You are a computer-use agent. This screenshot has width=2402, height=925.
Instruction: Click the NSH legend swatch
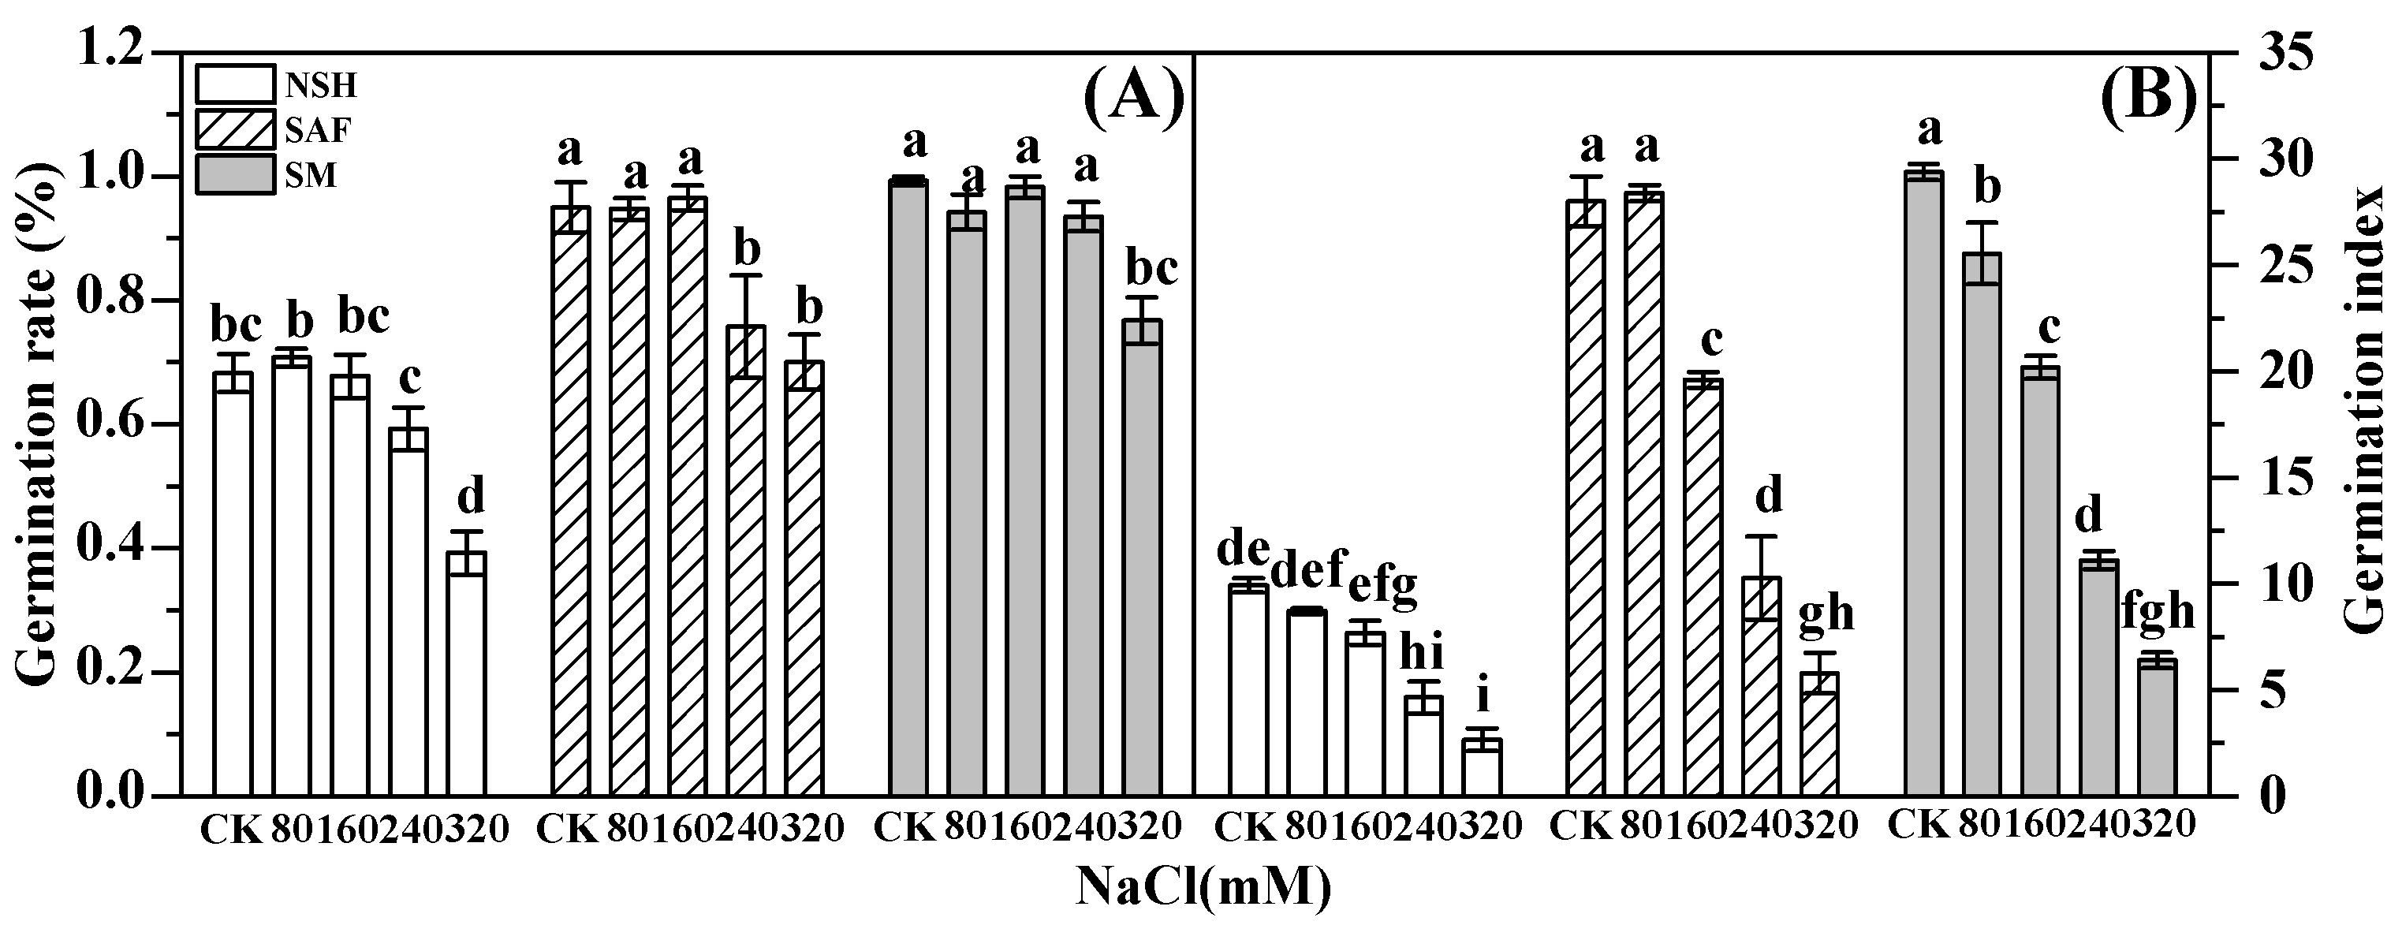tap(235, 84)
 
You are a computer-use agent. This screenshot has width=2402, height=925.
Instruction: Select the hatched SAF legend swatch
tap(235, 129)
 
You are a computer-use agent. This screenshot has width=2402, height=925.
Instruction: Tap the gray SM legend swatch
tap(235, 174)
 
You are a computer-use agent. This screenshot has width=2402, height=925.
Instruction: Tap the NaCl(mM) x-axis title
tap(1203, 886)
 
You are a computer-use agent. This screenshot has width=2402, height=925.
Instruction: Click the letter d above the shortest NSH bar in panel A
tap(470, 497)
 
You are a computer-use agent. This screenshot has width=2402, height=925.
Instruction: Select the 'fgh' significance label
tap(2158, 613)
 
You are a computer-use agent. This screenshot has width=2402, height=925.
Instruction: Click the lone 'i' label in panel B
tap(1483, 696)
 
